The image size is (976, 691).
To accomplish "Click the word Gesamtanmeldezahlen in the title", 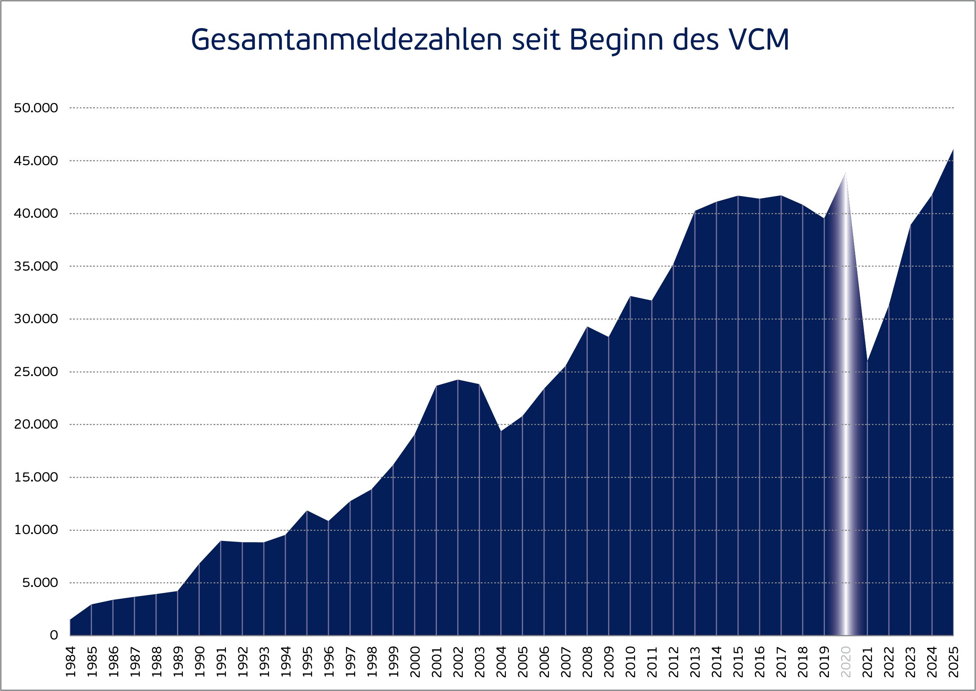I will coord(346,40).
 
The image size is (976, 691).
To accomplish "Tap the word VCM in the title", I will coord(758,40).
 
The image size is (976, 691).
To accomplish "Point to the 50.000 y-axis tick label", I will coord(36,108).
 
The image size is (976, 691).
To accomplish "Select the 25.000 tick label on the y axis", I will coord(36,372).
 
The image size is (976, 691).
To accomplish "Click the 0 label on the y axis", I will coord(54,635).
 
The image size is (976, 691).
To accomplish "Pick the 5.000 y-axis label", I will coord(40,583).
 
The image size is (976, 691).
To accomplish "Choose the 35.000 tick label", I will coord(36,266).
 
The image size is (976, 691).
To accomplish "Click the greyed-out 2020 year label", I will coord(846,662).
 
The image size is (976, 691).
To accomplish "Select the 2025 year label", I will coord(953,662).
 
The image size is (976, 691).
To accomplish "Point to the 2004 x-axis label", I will coord(501,662).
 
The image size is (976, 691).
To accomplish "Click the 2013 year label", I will coord(695,662).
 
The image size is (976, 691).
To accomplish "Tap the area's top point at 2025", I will coord(953,149).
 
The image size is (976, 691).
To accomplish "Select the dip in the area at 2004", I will coord(501,431).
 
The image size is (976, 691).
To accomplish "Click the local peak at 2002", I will coord(458,380).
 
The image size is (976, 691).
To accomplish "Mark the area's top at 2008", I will coord(587,327).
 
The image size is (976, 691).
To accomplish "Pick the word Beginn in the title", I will coord(616,40).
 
